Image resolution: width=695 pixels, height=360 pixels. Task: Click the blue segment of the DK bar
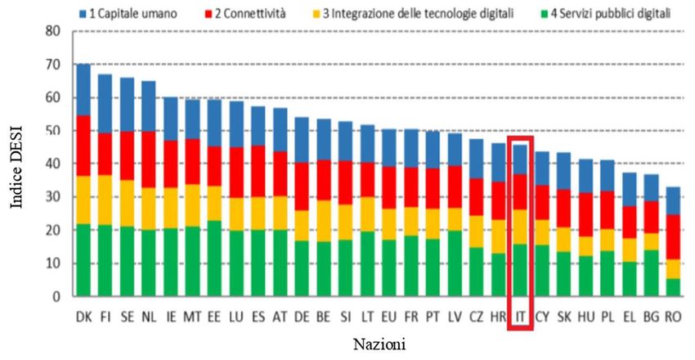(83, 89)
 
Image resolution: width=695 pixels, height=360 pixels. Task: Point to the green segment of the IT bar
(520, 269)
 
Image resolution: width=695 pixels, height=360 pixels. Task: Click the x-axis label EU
(388, 315)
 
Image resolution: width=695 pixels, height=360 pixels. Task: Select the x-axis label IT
(520, 315)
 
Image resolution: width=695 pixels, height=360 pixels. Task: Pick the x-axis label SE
(128, 315)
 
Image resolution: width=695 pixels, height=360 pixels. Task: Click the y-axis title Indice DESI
(17, 168)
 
